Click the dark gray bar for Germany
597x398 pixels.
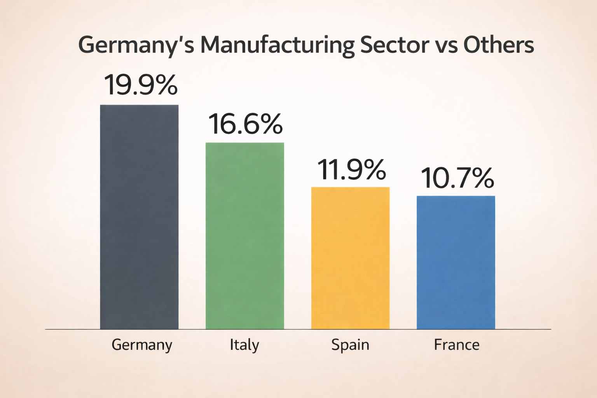[139, 217]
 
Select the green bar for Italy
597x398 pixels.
[244, 236]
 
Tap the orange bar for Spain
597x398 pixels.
[350, 258]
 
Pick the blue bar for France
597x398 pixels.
[456, 262]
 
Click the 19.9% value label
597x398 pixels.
[140, 85]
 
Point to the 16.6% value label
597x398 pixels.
[245, 124]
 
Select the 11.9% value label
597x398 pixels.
[351, 170]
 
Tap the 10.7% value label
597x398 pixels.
[457, 178]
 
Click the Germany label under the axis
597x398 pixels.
[141, 345]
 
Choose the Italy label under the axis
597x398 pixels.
[244, 345]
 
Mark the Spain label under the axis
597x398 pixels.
[350, 345]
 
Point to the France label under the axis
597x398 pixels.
[456, 345]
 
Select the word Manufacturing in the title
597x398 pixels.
[277, 45]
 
